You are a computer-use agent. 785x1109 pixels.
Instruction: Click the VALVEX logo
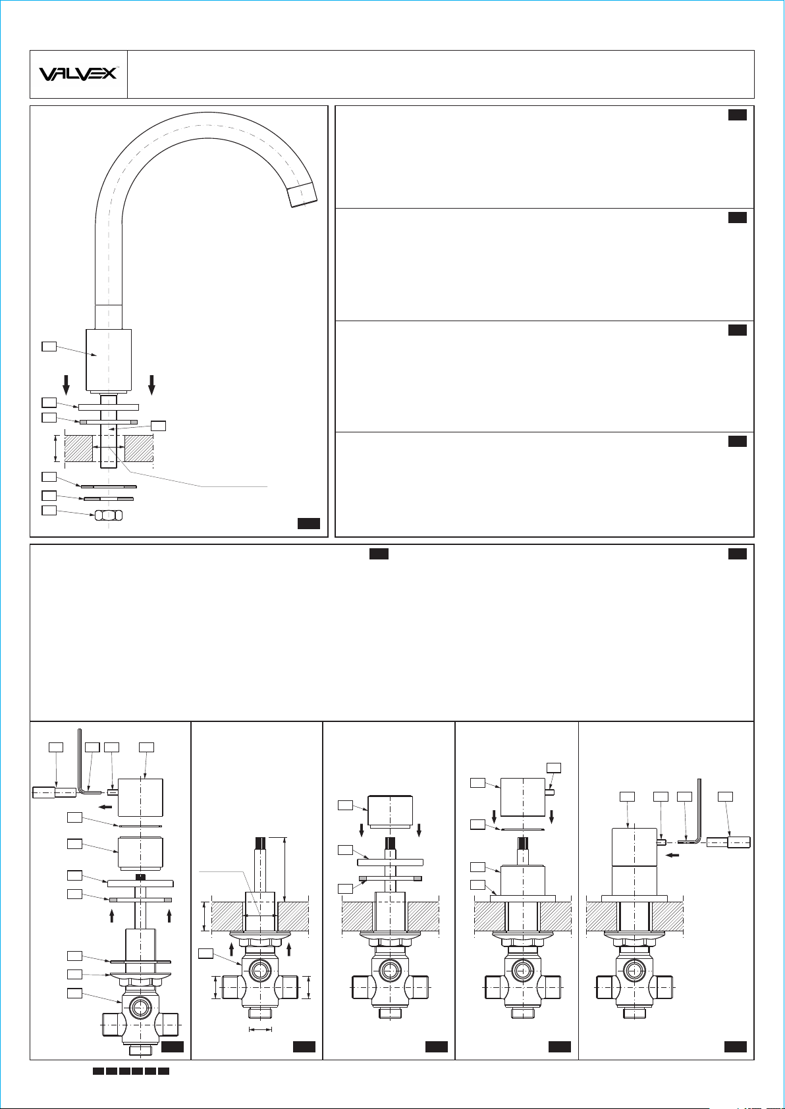pos(78,74)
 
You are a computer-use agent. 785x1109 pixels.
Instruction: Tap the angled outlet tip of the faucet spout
pos(302,194)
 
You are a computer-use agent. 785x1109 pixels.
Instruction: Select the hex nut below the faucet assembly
pos(109,515)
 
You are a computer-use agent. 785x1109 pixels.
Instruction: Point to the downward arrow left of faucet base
pos(66,384)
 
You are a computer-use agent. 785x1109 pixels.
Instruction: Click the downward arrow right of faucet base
pos(152,384)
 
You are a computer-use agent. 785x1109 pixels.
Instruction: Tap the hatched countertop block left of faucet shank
pos(79,448)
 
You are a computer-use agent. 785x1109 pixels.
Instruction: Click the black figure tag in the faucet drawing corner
pos(309,523)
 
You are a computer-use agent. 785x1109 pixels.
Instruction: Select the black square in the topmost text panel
pos(737,115)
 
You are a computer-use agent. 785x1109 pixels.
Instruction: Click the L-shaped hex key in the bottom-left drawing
pos(84,762)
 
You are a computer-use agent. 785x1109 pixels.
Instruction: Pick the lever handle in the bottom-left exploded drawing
pos(55,792)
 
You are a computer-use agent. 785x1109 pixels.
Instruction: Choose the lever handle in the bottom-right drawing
pos(728,842)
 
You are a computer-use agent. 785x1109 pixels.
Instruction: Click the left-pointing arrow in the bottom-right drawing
pos(672,854)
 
